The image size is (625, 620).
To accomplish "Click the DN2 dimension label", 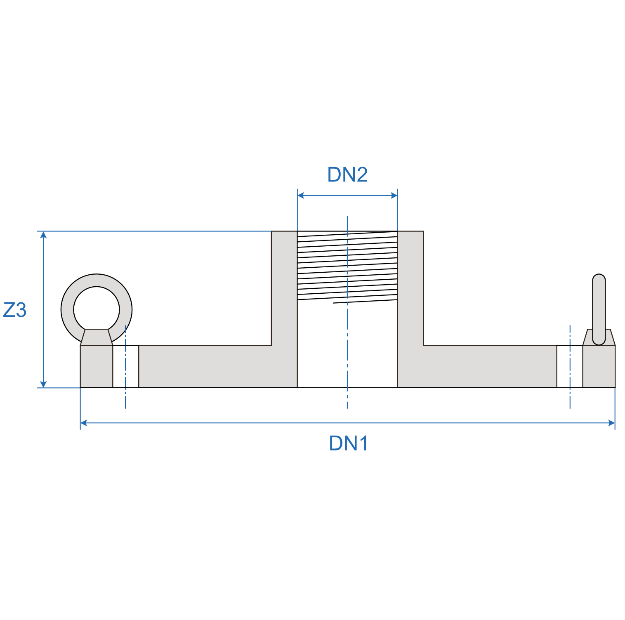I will (x=347, y=174).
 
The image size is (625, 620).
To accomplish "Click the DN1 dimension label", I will (x=348, y=443).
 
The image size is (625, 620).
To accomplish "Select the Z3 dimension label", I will (x=15, y=310).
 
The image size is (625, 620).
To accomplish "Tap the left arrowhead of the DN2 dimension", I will (x=301, y=196).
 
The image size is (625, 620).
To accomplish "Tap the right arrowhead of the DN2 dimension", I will (x=394, y=196).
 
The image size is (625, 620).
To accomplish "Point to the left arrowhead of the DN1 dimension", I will (x=84, y=423).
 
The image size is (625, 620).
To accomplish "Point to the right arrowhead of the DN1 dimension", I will (x=611, y=423).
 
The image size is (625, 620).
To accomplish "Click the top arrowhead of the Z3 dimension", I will (x=43, y=235).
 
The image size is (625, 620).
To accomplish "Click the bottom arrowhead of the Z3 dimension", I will (x=43, y=384).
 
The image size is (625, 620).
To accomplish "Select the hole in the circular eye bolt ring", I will (x=97, y=309).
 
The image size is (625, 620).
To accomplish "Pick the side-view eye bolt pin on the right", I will (x=599, y=307).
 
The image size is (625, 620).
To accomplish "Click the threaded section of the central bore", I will (x=347, y=266).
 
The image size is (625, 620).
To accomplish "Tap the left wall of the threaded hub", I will (x=284, y=289).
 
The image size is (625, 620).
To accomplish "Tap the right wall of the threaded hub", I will (x=410, y=289).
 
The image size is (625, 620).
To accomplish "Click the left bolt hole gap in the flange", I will (x=125, y=366).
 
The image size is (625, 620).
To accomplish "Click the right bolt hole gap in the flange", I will (x=570, y=366).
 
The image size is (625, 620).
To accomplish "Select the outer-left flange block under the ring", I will (x=97, y=366).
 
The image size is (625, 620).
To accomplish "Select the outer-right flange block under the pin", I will (x=599, y=366).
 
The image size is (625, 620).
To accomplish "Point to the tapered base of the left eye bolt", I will (x=97, y=337).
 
